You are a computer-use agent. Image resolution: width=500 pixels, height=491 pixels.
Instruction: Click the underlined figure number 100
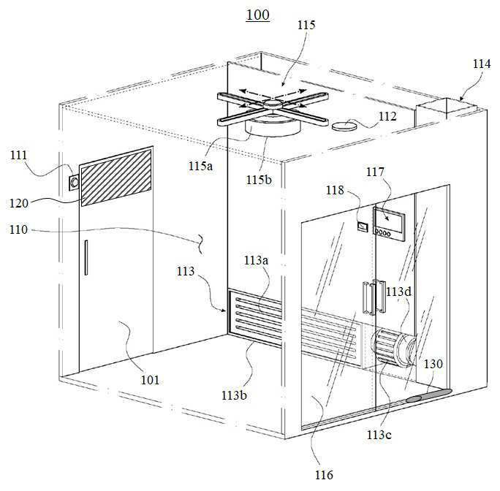257,15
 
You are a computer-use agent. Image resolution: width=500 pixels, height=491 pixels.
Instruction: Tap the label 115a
200,166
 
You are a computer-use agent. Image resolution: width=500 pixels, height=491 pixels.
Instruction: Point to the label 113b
234,395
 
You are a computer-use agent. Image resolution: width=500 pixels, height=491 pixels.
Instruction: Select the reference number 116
324,475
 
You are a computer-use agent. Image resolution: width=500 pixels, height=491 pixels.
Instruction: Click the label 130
433,364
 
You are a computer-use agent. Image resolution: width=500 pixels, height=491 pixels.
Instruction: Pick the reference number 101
150,380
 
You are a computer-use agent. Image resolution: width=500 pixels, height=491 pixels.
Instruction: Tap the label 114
481,64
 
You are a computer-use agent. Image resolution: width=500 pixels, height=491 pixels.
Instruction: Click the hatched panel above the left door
116,178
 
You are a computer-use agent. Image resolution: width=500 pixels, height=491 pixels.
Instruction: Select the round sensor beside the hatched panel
75,183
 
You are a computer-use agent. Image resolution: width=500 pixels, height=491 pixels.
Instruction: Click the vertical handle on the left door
86,258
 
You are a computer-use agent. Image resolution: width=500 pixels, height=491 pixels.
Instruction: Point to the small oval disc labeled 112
345,126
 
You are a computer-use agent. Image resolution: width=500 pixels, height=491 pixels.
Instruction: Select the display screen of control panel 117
388,218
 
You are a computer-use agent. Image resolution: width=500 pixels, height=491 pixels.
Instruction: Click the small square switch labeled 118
363,227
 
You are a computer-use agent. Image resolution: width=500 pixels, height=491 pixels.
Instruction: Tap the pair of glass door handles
374,297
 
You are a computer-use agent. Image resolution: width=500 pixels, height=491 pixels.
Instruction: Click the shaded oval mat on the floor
429,395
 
